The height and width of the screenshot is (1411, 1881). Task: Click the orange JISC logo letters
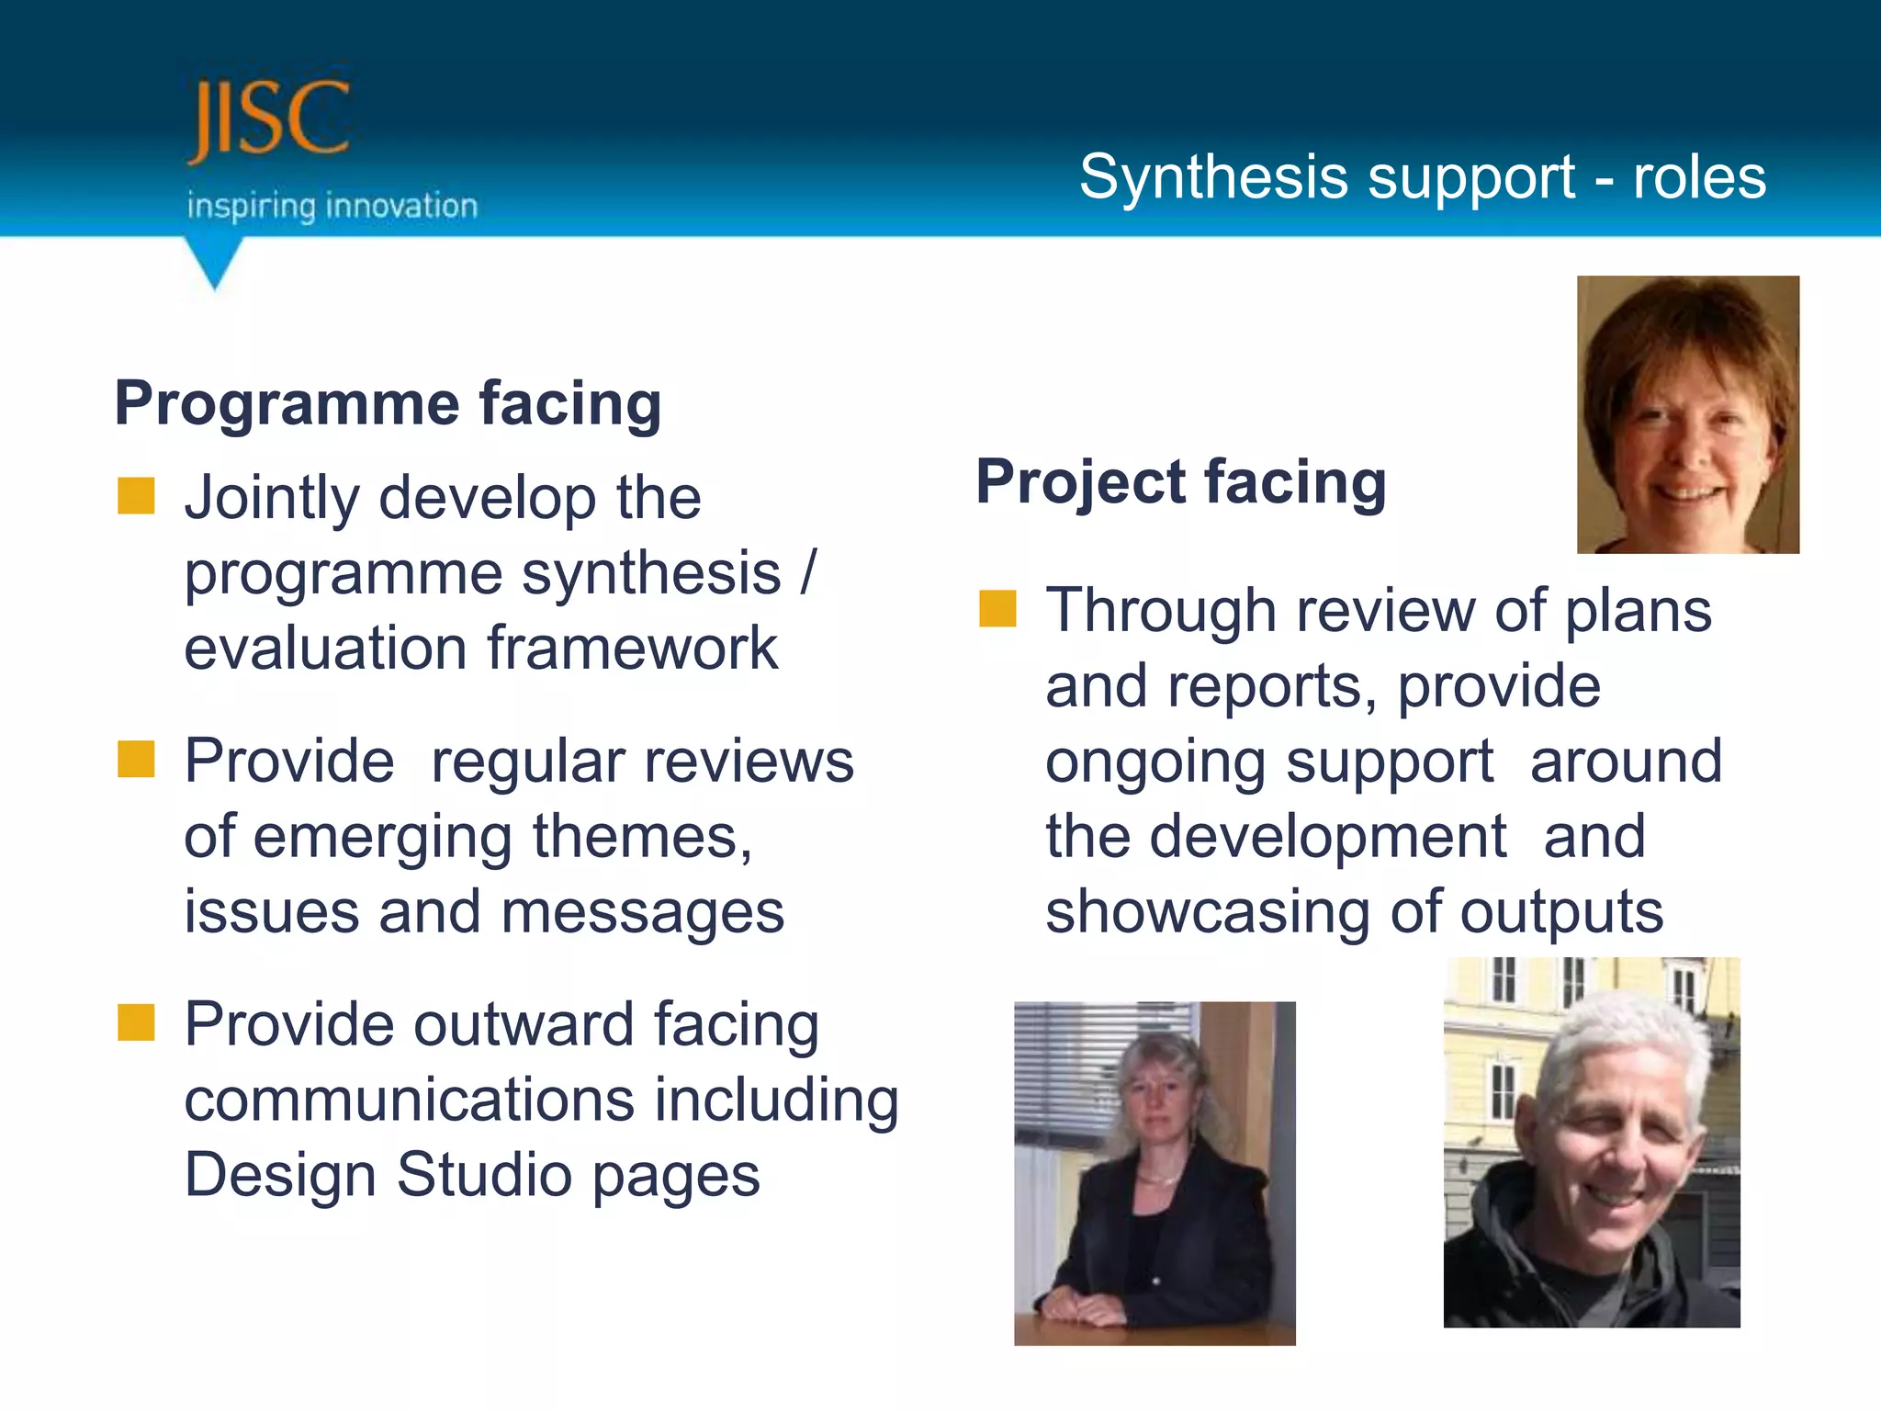[268, 119]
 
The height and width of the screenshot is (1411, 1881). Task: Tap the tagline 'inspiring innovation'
[332, 206]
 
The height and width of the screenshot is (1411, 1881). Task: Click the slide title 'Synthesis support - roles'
[1422, 176]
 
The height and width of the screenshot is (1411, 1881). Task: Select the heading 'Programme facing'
[388, 403]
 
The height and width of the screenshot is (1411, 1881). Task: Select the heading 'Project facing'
[1180, 482]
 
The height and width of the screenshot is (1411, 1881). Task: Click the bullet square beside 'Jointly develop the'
[136, 496]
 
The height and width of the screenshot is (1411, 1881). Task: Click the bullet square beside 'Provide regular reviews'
[136, 760]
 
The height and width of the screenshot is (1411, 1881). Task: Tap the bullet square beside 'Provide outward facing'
[136, 1022]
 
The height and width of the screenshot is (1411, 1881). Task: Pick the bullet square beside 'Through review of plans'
[997, 609]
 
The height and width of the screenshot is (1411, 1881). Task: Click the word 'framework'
[632, 649]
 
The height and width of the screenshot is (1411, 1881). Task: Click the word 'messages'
[643, 913]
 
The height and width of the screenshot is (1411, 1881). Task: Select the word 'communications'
[409, 1101]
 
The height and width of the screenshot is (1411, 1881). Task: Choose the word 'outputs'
[1561, 913]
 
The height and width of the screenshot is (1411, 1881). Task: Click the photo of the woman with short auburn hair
[1687, 414]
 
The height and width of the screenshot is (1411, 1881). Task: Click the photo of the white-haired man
[1591, 1143]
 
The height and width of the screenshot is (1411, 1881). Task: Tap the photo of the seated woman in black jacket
[1155, 1173]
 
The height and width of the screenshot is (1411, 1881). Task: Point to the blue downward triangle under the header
[214, 262]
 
